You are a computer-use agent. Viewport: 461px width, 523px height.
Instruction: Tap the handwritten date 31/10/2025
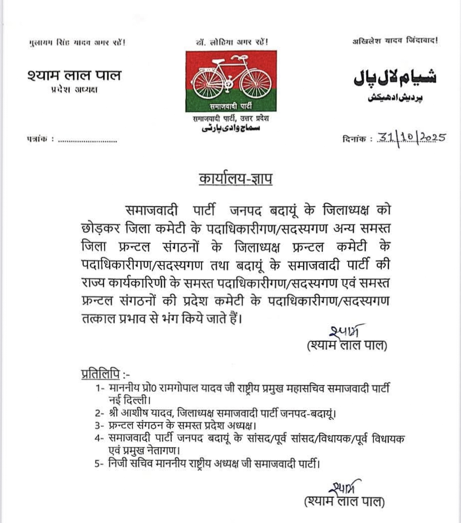click(410, 138)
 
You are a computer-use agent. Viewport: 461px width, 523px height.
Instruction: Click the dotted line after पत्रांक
click(87, 141)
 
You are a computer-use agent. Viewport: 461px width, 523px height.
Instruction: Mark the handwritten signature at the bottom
click(345, 486)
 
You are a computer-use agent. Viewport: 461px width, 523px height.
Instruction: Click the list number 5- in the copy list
click(99, 464)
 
